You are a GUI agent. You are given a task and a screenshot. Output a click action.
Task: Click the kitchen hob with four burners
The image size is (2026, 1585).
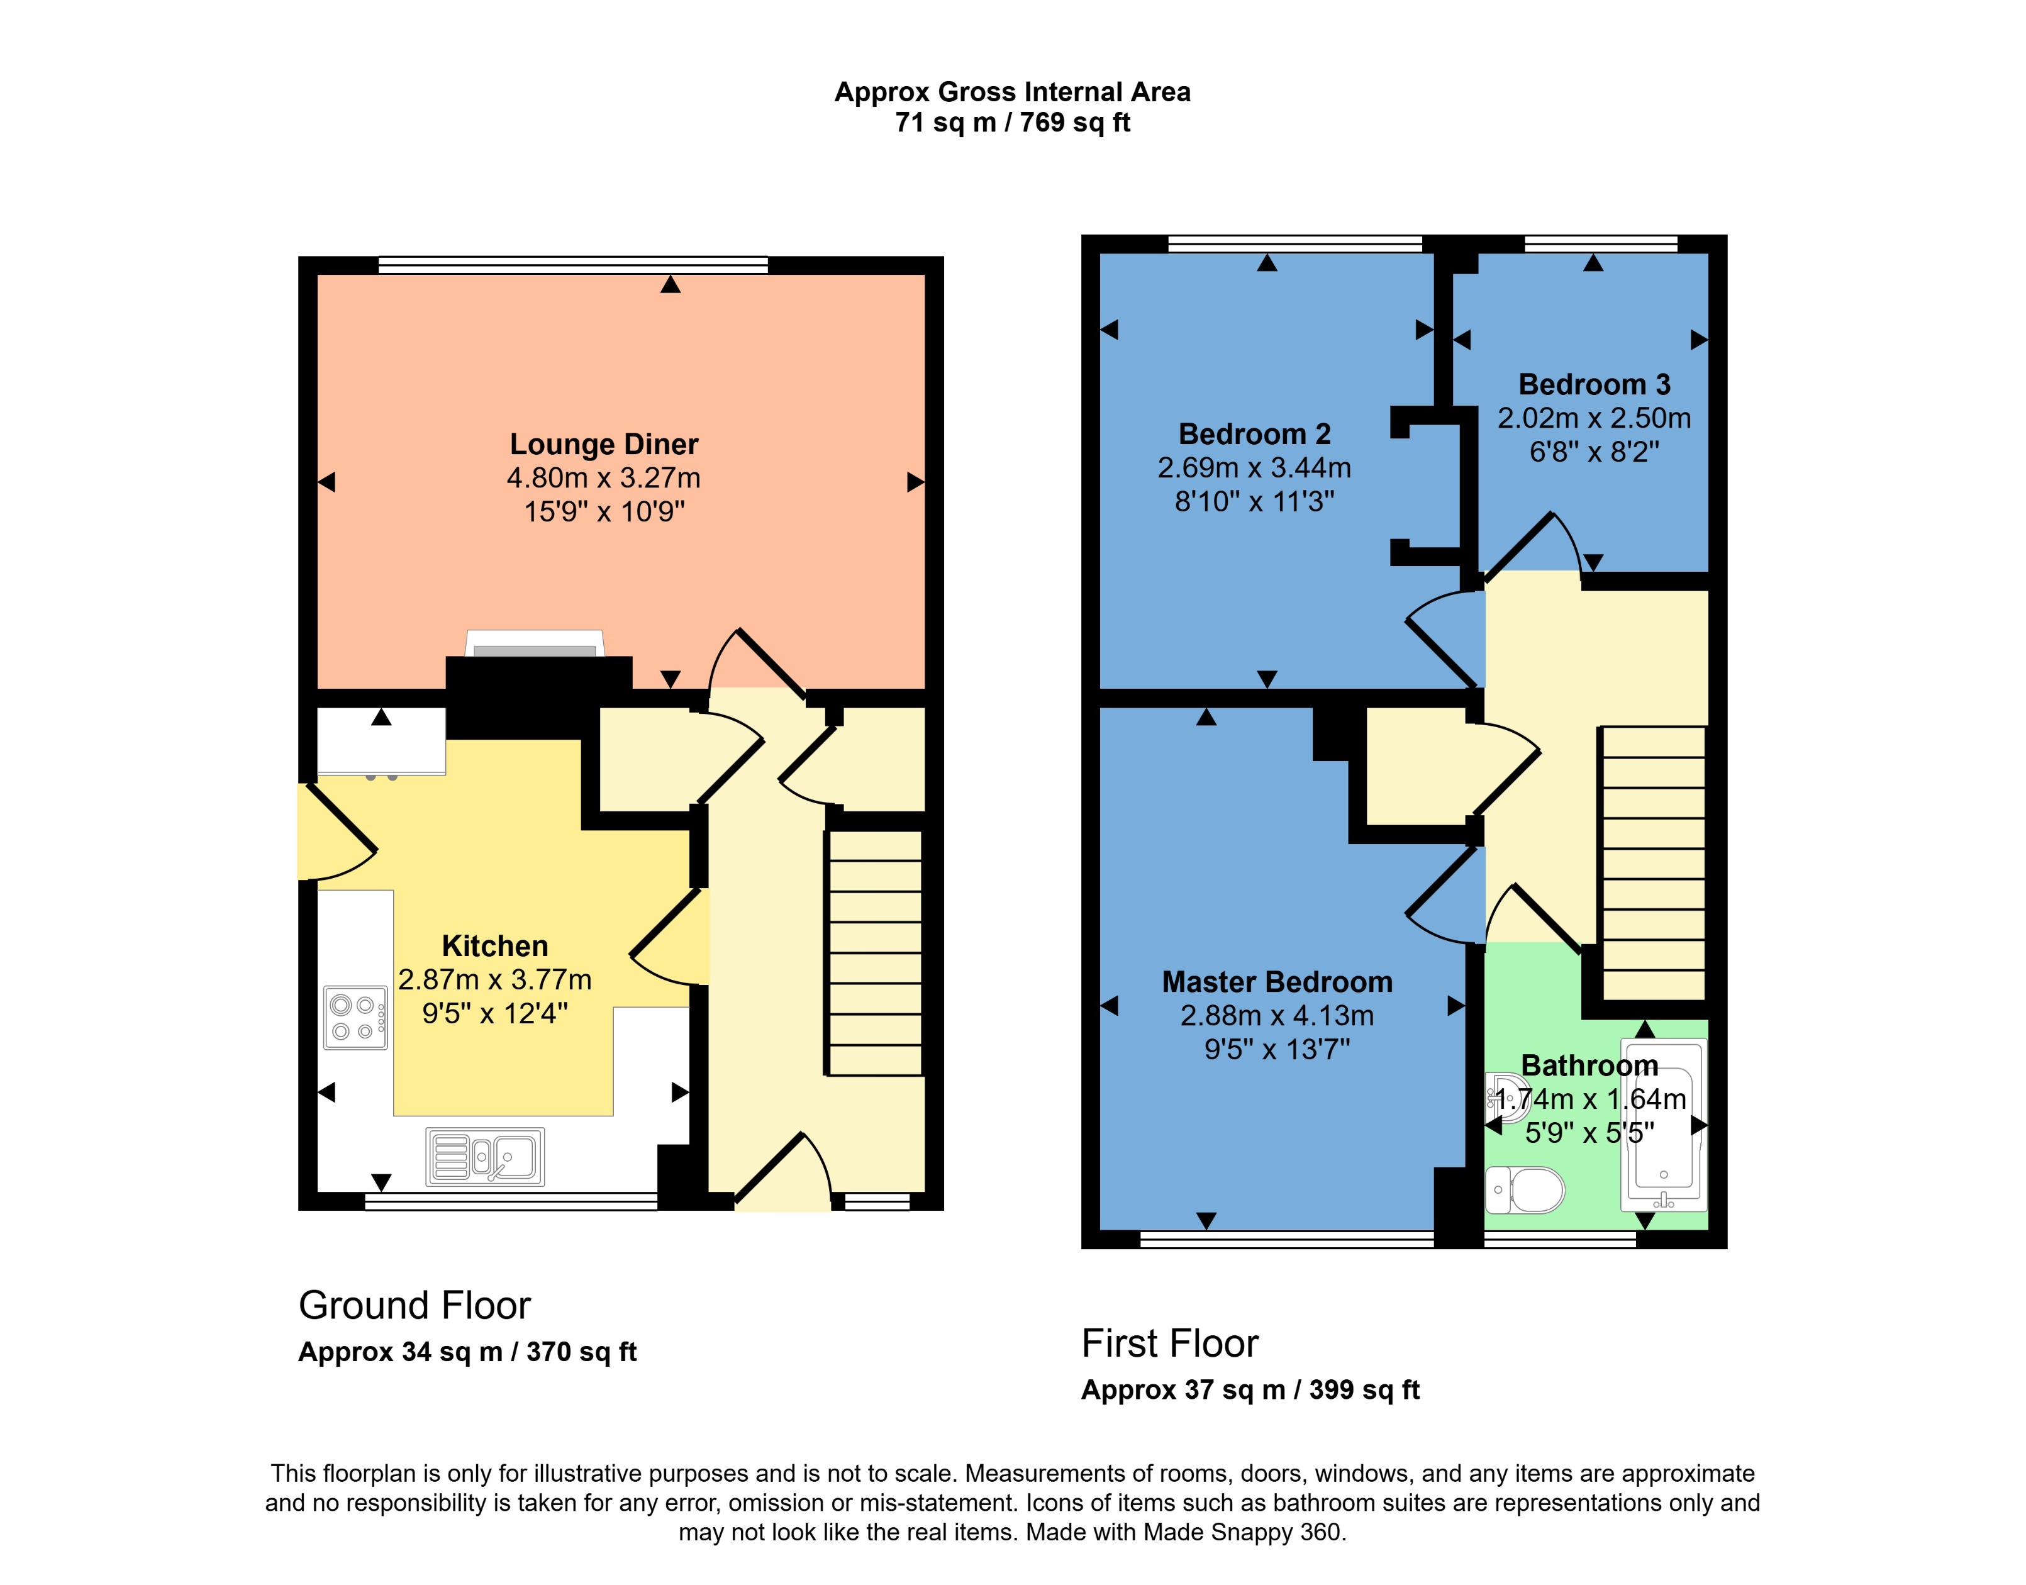coord(355,1017)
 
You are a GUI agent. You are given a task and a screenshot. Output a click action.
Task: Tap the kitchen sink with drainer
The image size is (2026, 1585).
coord(484,1156)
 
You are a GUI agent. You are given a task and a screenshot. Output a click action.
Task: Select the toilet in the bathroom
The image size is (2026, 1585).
coord(1525,1189)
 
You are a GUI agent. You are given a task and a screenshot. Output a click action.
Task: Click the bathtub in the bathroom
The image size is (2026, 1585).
coord(1663,1125)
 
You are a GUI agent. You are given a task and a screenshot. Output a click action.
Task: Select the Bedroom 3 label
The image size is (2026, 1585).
coord(1593,384)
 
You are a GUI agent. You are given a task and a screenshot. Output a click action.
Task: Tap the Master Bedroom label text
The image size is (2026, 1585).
coord(1277,982)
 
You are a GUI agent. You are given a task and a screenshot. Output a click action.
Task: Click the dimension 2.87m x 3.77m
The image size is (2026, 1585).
coord(494,980)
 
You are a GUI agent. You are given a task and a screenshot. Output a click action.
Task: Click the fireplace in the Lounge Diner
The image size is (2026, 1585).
coord(535,644)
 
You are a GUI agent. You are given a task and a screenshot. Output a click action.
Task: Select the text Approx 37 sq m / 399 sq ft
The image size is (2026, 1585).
coord(1250,1390)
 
